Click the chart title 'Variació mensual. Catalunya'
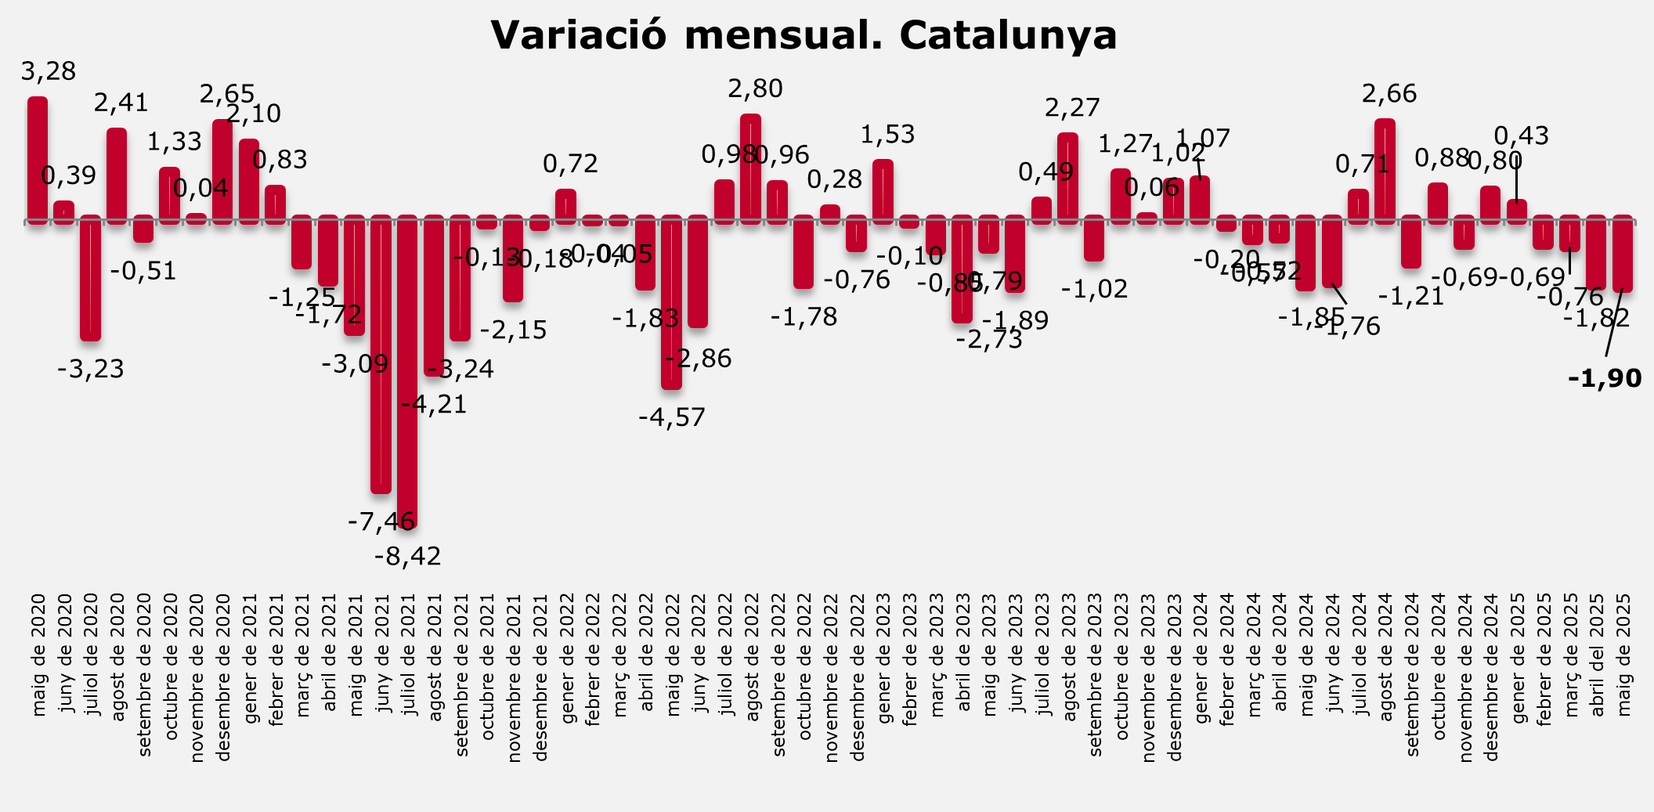[x=804, y=35]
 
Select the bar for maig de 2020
[x=38, y=161]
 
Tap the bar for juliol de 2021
[x=407, y=372]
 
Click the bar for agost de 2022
[x=750, y=168]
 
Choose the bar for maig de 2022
[x=671, y=302]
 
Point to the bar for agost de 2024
[x=1385, y=171]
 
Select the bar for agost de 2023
[x=1067, y=178]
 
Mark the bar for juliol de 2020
[x=91, y=278]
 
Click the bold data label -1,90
[x=1605, y=379]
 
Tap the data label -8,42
[x=408, y=557]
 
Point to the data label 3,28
[x=49, y=72]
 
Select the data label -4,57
[x=672, y=417]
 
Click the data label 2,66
[x=1389, y=94]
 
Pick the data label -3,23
[x=91, y=369]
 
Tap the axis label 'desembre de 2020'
[x=223, y=677]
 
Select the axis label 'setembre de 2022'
[x=778, y=675]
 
